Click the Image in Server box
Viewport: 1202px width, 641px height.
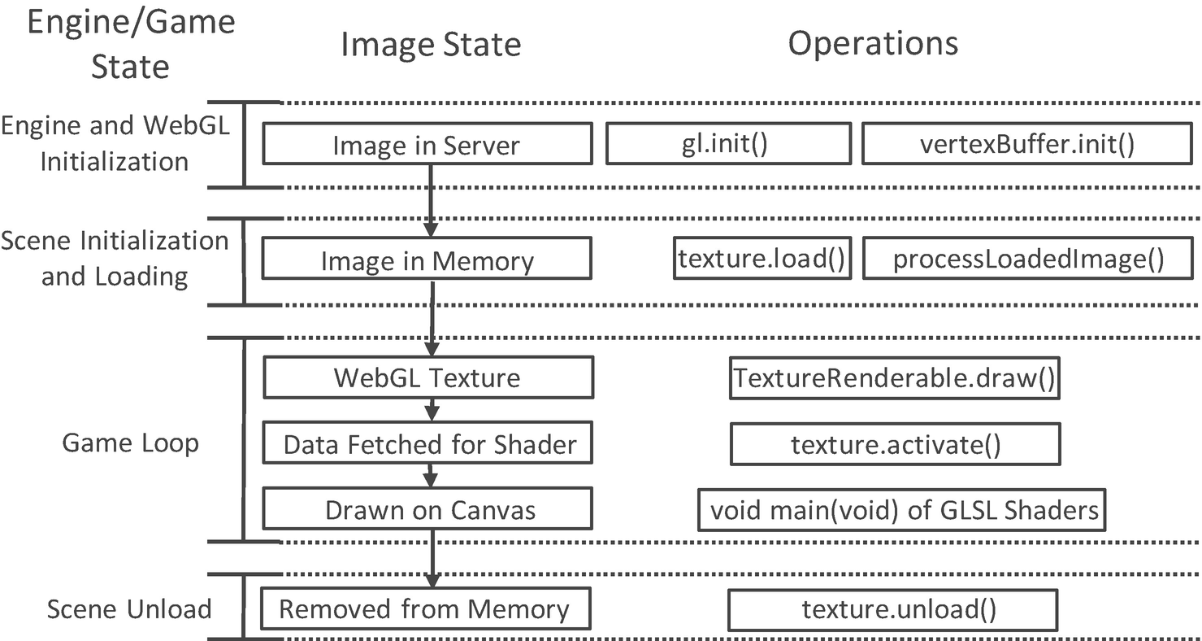click(x=426, y=145)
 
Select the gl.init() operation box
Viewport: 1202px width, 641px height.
click(x=728, y=144)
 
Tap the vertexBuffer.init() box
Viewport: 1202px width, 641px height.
click(x=1026, y=144)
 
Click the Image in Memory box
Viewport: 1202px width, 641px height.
click(x=427, y=261)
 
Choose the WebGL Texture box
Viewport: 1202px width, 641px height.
click(x=427, y=377)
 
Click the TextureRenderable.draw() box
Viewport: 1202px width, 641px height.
click(x=895, y=377)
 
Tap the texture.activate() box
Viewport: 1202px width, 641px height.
click(x=895, y=445)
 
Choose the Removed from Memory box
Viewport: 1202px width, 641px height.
click(x=423, y=609)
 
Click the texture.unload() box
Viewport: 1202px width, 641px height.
click(x=892, y=609)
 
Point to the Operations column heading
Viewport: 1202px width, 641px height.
click(x=873, y=43)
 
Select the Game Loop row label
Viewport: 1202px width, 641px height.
click(x=130, y=443)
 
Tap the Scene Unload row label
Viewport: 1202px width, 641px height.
click(x=129, y=609)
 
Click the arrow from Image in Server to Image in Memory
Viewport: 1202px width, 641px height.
click(x=431, y=200)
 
